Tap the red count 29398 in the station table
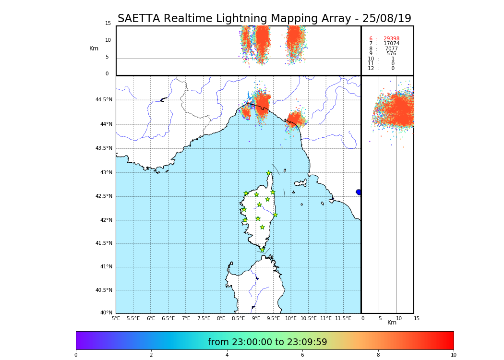coord(391,39)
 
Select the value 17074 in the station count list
coord(391,44)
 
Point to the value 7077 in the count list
coord(391,49)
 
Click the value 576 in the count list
coord(391,54)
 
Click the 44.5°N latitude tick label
coord(104,100)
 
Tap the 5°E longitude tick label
coord(116,318)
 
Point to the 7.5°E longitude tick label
coord(203,318)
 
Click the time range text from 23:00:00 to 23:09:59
coord(267,342)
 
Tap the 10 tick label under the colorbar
coord(453,355)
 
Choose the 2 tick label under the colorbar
coord(151,355)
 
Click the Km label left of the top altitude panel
coord(94,48)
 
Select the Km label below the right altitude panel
coord(392,323)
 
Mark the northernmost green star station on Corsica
coord(269,173)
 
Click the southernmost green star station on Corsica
coord(262,250)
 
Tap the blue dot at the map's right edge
coord(359,192)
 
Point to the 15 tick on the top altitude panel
coord(108,24)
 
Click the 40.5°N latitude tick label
coord(104,290)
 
